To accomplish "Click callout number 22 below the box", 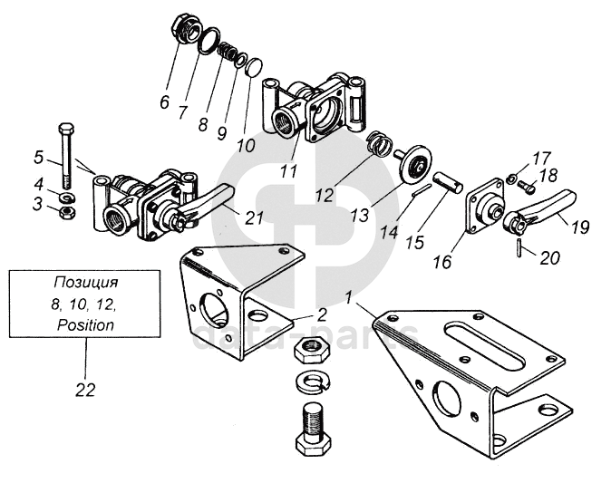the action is click(85, 389).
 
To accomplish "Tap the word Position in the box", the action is click(85, 324).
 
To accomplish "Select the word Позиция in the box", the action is click(85, 282).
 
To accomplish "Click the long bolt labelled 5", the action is click(66, 156).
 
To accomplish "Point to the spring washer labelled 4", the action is click(68, 197).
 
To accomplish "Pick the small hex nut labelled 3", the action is click(68, 213).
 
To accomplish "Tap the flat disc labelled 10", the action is click(255, 67).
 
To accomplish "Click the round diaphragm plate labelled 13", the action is click(415, 165).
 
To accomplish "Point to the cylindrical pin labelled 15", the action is click(448, 182).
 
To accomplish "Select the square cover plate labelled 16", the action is click(484, 207).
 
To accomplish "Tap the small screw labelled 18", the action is click(527, 188).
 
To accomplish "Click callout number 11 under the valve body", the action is click(289, 170).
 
